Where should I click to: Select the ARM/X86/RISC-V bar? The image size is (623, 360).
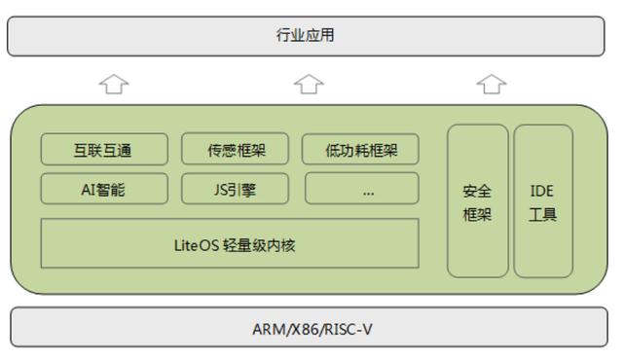(311, 329)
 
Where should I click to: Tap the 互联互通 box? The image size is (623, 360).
(102, 150)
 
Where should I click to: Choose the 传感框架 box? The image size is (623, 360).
(236, 150)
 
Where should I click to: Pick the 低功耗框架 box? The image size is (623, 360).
(360, 150)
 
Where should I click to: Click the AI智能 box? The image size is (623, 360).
(102, 190)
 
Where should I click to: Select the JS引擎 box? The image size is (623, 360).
(236, 190)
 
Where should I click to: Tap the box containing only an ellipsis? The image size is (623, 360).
(361, 190)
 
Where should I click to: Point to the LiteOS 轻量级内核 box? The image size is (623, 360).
(230, 243)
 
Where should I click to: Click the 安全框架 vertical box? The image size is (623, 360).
(477, 201)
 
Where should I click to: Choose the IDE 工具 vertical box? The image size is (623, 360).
(542, 201)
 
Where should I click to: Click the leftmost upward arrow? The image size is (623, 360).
(114, 86)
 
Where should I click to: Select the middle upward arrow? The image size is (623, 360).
(309, 86)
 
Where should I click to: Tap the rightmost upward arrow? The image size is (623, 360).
(493, 86)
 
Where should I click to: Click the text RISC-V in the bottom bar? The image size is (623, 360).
(349, 329)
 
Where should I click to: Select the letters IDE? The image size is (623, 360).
(542, 191)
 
